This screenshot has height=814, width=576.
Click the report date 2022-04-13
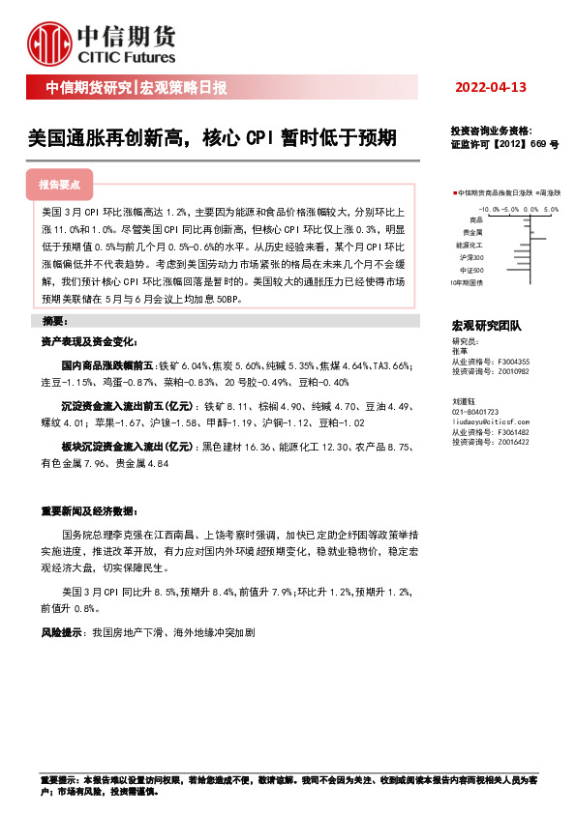pos(491,88)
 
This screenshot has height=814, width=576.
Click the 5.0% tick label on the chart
pos(551,209)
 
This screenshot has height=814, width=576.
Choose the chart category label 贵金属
pos(473,233)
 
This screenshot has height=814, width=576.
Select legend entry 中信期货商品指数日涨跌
pos(493,193)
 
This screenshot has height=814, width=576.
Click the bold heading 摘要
pos(53,321)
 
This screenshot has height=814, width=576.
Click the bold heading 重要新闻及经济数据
pos(87,510)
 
